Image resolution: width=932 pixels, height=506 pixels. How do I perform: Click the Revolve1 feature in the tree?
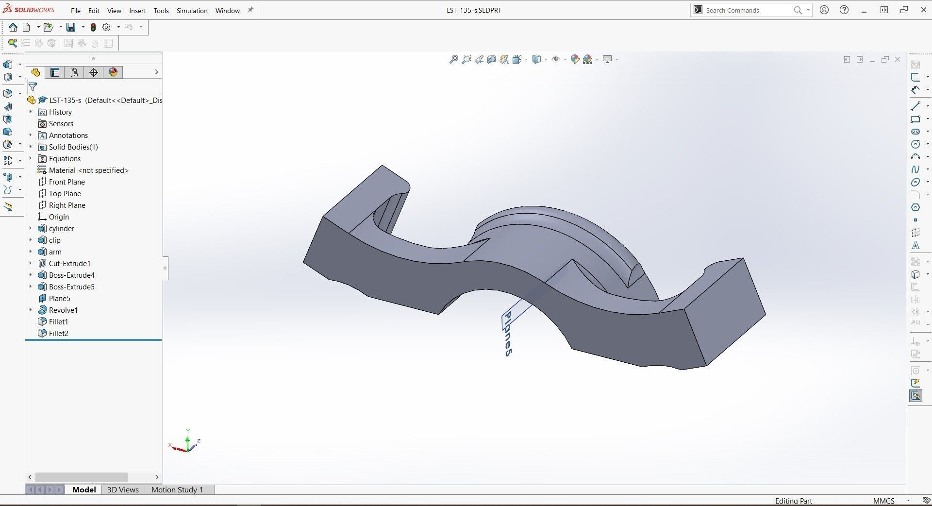[x=63, y=310]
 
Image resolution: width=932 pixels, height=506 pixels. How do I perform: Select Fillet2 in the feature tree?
[x=58, y=333]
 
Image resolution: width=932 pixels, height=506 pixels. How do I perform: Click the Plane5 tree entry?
[x=59, y=298]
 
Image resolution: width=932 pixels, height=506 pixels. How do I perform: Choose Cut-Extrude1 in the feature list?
[x=69, y=263]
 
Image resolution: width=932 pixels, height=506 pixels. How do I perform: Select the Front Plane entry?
[x=67, y=182]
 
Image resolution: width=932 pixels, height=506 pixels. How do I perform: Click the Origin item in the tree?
[x=59, y=217]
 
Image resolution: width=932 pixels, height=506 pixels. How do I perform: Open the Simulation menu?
[x=192, y=11]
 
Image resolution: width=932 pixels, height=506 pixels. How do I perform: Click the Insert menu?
[x=137, y=11]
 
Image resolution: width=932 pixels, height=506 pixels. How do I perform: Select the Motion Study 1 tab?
[x=177, y=489]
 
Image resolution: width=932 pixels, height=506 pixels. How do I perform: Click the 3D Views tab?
[x=123, y=489]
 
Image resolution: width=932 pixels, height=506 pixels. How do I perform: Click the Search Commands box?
[x=748, y=10]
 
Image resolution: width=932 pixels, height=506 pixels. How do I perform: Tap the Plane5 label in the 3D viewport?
[x=507, y=334]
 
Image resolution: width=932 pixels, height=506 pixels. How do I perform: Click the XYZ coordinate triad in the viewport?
[x=187, y=443]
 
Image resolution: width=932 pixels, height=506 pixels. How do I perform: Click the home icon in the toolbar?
[x=13, y=27]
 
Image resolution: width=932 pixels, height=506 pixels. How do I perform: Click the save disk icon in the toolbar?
[x=71, y=27]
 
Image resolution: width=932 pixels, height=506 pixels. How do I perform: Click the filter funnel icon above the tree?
[x=33, y=87]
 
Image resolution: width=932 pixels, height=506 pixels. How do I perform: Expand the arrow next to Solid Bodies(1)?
[x=31, y=147]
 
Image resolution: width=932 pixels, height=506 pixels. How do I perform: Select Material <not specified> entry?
[x=88, y=170]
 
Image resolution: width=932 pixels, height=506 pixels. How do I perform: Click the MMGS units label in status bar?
[x=883, y=501]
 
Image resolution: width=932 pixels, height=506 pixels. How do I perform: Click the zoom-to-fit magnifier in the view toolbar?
[x=453, y=59]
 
